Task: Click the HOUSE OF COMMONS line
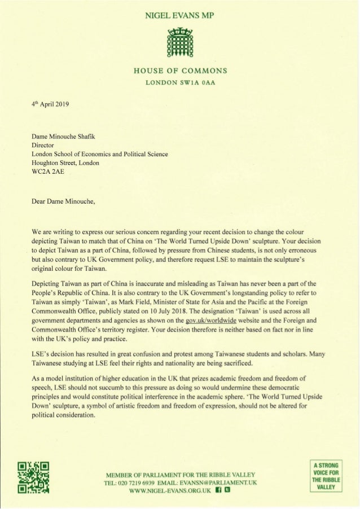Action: [179, 71]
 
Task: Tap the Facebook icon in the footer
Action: [216, 490]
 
